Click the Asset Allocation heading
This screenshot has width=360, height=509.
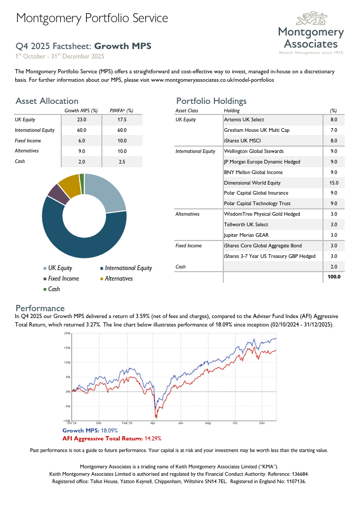pos(47,101)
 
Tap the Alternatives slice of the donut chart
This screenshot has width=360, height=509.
pos(69,185)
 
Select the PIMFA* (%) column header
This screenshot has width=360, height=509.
pos(121,111)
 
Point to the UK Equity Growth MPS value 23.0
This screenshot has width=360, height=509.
pos(81,120)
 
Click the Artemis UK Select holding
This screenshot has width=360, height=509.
pos(244,120)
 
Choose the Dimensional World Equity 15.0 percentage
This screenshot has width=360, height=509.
pos(333,183)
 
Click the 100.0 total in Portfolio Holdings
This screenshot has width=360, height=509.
pos(333,277)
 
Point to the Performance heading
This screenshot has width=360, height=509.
pos(40,308)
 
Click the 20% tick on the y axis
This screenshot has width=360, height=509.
pos(68,334)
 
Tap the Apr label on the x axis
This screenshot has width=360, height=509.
pos(153,423)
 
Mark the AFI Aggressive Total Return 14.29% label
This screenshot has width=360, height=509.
pos(112,438)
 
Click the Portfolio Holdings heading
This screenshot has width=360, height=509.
pos(211,101)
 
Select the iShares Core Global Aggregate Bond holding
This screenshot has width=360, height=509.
pos(263,246)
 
